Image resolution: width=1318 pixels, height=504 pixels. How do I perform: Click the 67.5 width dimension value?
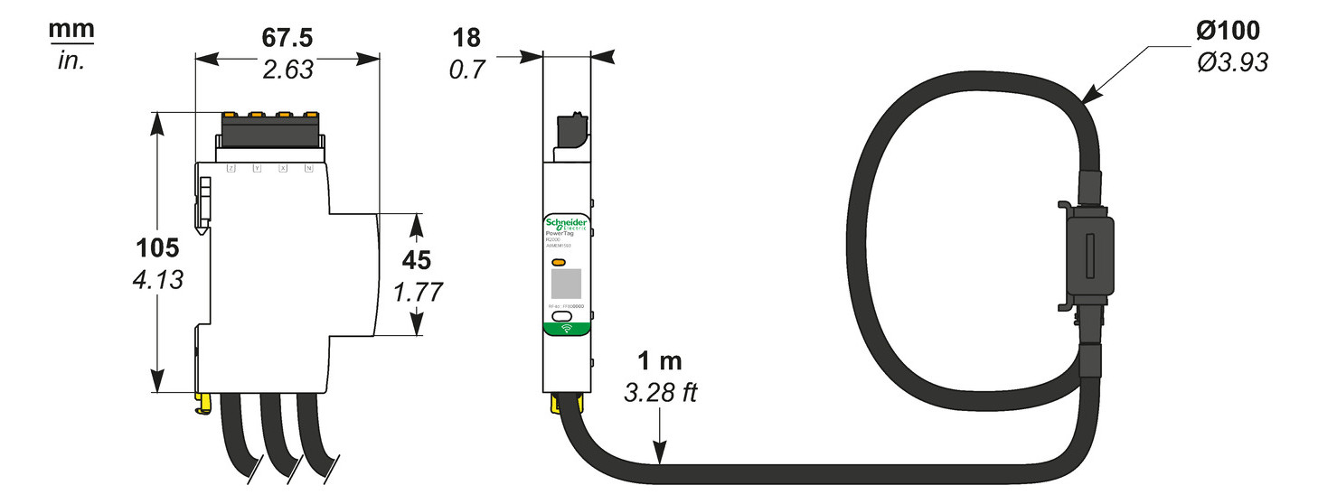pos(287,39)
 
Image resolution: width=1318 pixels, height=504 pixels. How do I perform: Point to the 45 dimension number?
pos(416,260)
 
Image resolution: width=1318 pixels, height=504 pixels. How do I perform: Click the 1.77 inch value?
pos(416,293)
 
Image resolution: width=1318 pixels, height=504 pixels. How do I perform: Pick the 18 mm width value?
pos(466,38)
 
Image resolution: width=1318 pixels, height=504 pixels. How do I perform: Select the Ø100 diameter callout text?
pos(1227,31)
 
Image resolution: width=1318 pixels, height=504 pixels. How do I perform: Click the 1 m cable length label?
pos(660,362)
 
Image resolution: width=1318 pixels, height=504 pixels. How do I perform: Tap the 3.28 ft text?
pos(660,394)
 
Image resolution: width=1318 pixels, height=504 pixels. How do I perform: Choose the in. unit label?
pos(71,63)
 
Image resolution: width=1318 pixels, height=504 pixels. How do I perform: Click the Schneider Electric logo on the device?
pos(566,224)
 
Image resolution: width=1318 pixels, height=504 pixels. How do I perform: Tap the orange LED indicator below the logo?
pos(559,263)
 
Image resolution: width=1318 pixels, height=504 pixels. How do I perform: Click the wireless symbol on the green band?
pos(566,328)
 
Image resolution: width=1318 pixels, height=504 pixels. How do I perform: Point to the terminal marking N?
pos(308,169)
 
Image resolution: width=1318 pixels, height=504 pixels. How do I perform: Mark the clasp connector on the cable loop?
pos(1088,259)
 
